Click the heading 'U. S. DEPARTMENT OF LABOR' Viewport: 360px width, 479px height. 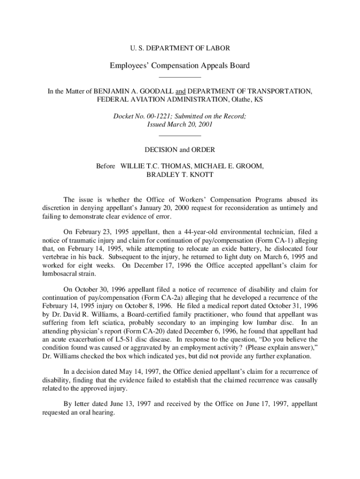(180, 48)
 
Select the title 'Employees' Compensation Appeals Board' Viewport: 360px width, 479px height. (180, 65)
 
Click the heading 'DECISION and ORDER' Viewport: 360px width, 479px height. (180, 150)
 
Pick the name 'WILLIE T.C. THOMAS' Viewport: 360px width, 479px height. (152, 166)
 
